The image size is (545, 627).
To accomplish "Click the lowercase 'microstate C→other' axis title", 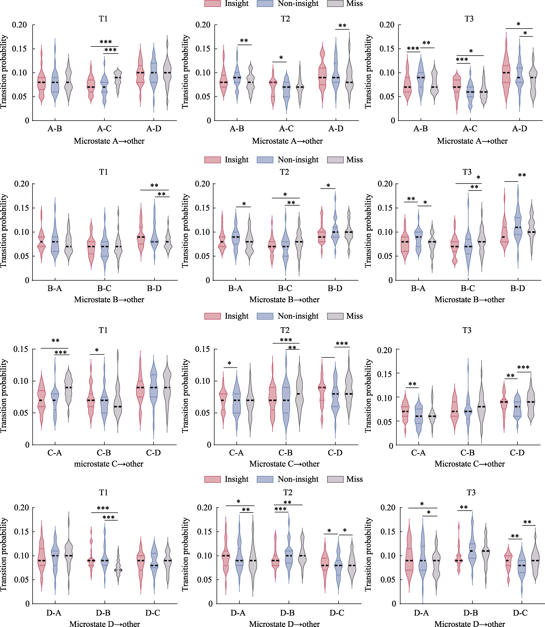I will pos(109,464).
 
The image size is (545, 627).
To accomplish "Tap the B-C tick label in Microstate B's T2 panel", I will pos(285,288).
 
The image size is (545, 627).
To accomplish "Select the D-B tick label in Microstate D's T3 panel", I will pos(471,613).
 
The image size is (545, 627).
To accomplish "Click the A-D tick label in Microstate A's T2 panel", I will pos(336,129).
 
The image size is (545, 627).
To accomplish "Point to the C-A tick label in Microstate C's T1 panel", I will pos(55,453).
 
